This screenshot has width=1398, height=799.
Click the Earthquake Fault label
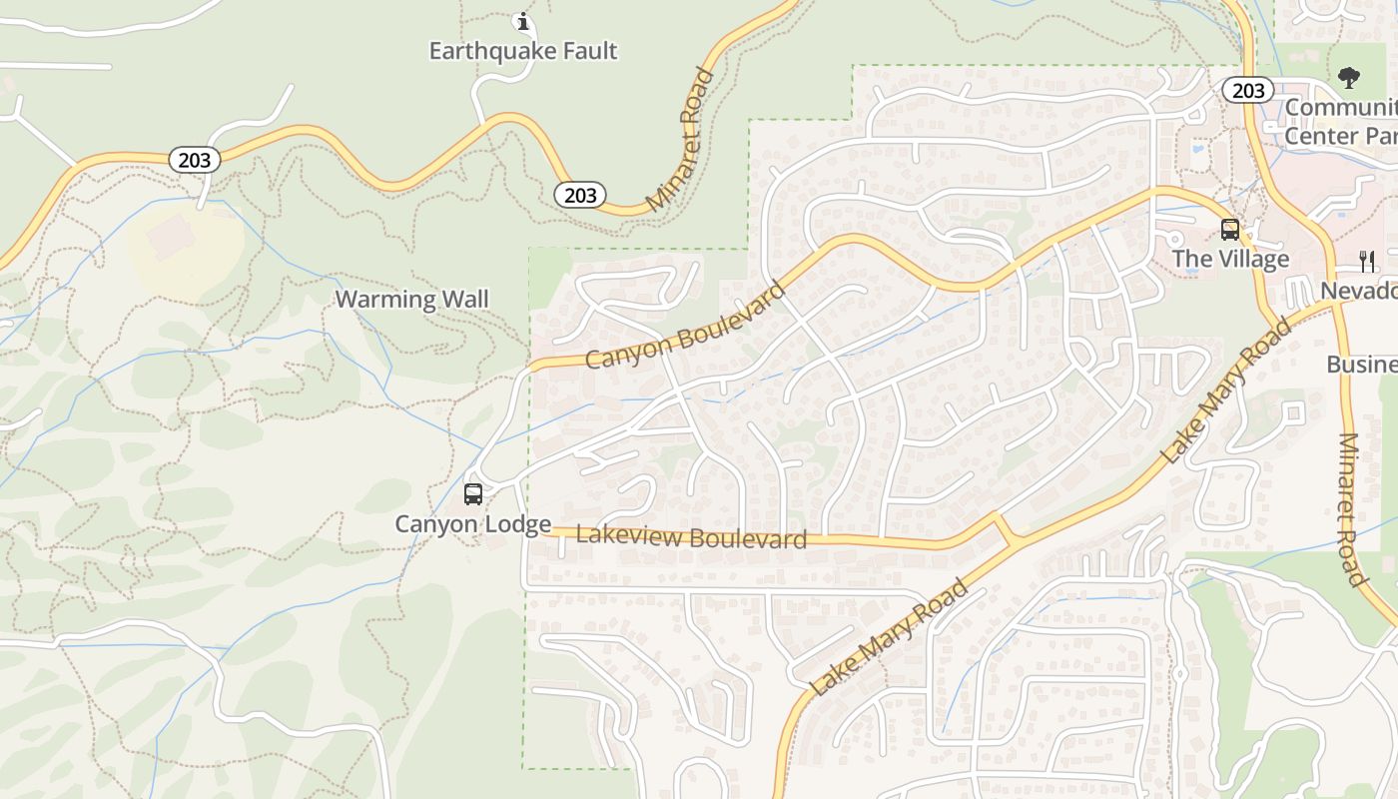[x=523, y=51]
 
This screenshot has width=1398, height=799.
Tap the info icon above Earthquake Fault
[x=522, y=21]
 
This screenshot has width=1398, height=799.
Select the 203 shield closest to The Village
[x=1248, y=91]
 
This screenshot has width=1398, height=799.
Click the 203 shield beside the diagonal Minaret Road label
[x=580, y=195]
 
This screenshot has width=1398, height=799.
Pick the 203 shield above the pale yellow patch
[x=194, y=160]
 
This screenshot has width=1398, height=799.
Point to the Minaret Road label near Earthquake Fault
[x=682, y=140]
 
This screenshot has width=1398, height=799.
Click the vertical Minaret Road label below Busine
[x=1350, y=509]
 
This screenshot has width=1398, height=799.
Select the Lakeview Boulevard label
[x=691, y=537]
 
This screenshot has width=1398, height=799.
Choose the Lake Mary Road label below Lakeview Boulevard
[x=889, y=637]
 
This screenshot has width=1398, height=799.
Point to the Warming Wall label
[x=411, y=299]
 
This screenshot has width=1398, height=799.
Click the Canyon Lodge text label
[x=472, y=524]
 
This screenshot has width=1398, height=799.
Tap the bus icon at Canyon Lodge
[x=473, y=494]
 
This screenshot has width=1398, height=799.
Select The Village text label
[x=1230, y=260]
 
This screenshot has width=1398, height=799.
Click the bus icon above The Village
[x=1230, y=230]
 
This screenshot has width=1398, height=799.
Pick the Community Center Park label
[x=1340, y=122]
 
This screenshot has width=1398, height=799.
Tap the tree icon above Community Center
[x=1349, y=77]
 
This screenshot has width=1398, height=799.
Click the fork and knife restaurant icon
[x=1367, y=262]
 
